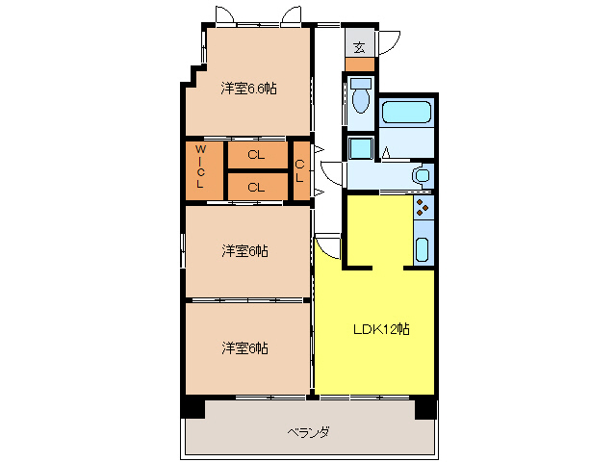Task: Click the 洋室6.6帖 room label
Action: [x=248, y=89]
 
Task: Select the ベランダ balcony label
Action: [x=308, y=432]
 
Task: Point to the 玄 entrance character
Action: [x=359, y=47]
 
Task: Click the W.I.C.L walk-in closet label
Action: [x=201, y=166]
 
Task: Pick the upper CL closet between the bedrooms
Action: [x=255, y=154]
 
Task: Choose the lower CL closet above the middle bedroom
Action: [x=255, y=187]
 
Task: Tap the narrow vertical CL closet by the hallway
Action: [x=300, y=171]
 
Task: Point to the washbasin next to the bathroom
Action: [x=420, y=176]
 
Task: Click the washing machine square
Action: [x=360, y=148]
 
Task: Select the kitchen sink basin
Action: [x=423, y=249]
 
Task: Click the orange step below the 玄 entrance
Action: [x=359, y=64]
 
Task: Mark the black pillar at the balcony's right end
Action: [x=424, y=408]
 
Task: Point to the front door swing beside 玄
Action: [x=389, y=43]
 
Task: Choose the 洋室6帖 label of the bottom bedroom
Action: [x=244, y=347]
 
